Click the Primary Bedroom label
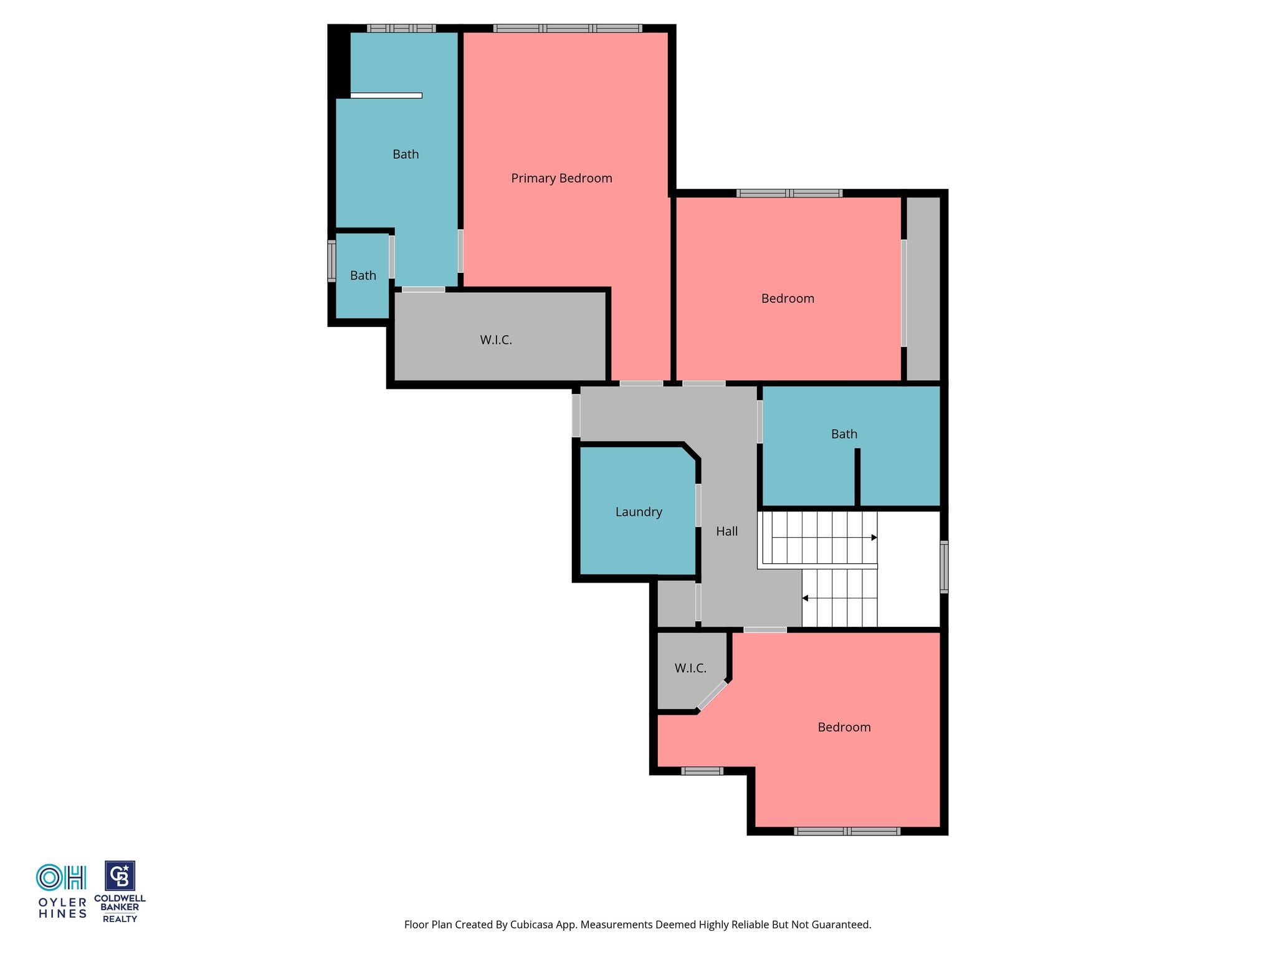point(561,178)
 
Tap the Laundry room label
point(639,512)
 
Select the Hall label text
point(726,531)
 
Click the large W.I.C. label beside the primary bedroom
point(496,340)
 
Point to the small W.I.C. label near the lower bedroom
point(690,668)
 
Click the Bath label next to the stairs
point(844,434)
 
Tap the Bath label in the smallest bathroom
point(363,275)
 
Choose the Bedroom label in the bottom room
point(844,727)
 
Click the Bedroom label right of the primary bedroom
point(788,298)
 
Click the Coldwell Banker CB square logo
point(120,876)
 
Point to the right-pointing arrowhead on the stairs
point(874,538)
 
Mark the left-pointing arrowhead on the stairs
point(805,598)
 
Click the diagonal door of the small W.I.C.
point(712,695)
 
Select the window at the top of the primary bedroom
point(568,28)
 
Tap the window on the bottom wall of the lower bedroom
point(847,831)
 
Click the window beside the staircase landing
point(944,566)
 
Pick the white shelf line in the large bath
point(386,95)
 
